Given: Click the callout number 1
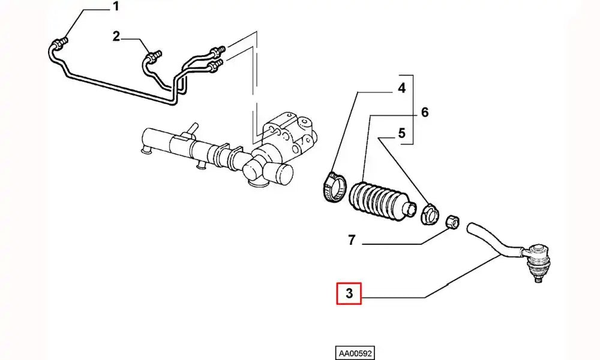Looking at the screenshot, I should click(116, 8).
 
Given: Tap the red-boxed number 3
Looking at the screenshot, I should click(349, 294).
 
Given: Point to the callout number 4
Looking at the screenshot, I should click(401, 89).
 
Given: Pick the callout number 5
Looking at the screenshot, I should click(401, 133).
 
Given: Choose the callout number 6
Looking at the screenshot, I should click(424, 112).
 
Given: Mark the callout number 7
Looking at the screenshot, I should click(352, 241).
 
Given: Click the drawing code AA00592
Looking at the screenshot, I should click(355, 353).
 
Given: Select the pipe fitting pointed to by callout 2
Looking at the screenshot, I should click(152, 57).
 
